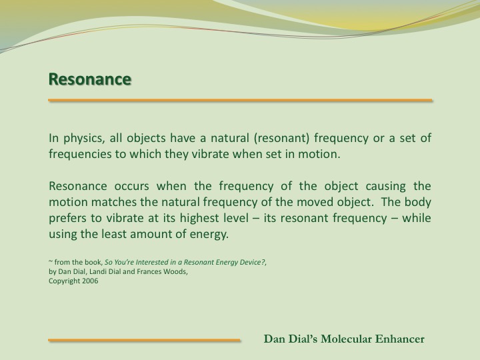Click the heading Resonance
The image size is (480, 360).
click(x=90, y=79)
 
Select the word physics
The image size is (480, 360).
click(x=84, y=139)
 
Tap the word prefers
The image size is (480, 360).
click(x=67, y=218)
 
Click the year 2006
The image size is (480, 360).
click(x=90, y=281)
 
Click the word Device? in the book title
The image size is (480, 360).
click(x=254, y=263)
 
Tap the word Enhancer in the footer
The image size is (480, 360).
click(x=400, y=339)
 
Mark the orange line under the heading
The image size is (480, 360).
click(x=240, y=100)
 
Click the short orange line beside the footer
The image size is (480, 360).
click(x=144, y=340)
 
